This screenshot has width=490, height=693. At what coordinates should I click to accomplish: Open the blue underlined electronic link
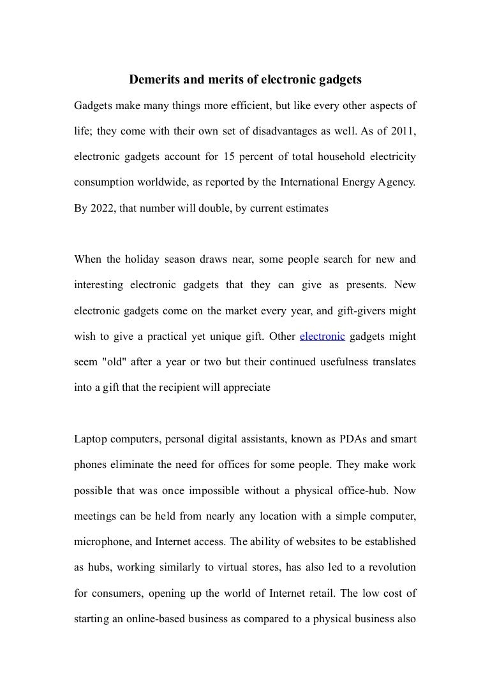322,336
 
